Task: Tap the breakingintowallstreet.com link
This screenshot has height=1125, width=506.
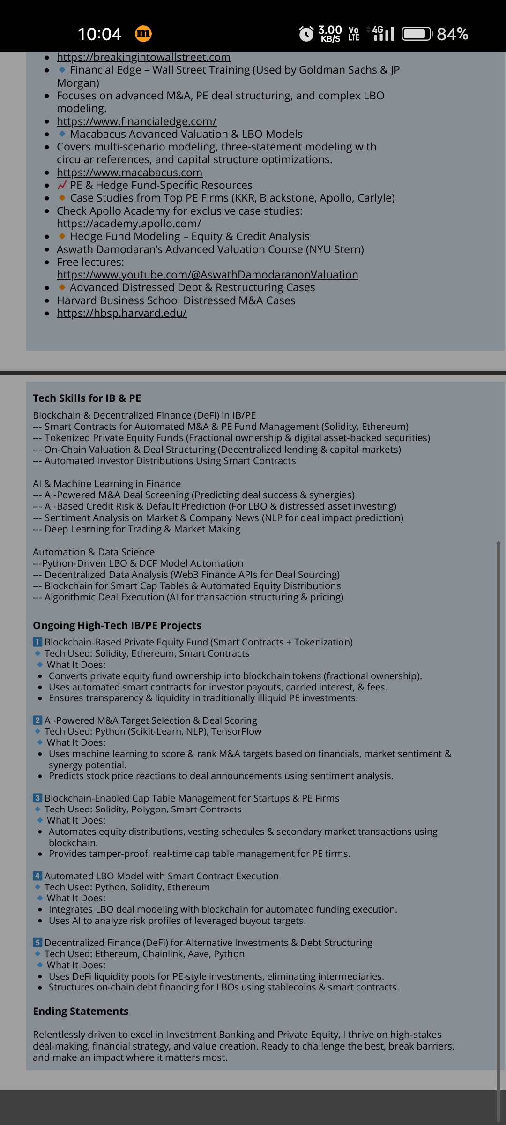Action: click(143, 57)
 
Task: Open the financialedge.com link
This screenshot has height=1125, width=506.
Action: click(136, 121)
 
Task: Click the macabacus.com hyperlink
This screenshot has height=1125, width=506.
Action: click(129, 172)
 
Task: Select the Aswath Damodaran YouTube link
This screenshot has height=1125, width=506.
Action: click(207, 275)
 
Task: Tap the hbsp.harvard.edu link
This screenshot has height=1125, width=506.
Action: click(121, 313)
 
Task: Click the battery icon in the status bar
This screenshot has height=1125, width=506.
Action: click(417, 34)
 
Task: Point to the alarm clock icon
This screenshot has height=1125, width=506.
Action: click(306, 34)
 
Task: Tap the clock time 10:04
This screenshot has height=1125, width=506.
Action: click(99, 34)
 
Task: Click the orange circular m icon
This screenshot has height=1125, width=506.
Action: click(143, 34)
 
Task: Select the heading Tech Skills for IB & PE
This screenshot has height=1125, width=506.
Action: click(87, 398)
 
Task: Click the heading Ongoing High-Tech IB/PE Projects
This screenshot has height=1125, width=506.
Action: click(117, 625)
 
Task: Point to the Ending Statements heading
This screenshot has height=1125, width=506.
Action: click(81, 1011)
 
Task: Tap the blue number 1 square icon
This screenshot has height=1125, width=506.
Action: click(37, 642)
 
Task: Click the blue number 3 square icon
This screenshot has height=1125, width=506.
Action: click(37, 798)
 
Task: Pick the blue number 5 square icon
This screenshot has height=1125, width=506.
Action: click(37, 943)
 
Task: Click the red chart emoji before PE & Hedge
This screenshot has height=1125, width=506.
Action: click(62, 185)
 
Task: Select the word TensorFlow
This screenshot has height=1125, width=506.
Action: click(236, 731)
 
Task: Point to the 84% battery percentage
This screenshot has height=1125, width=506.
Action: click(452, 34)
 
